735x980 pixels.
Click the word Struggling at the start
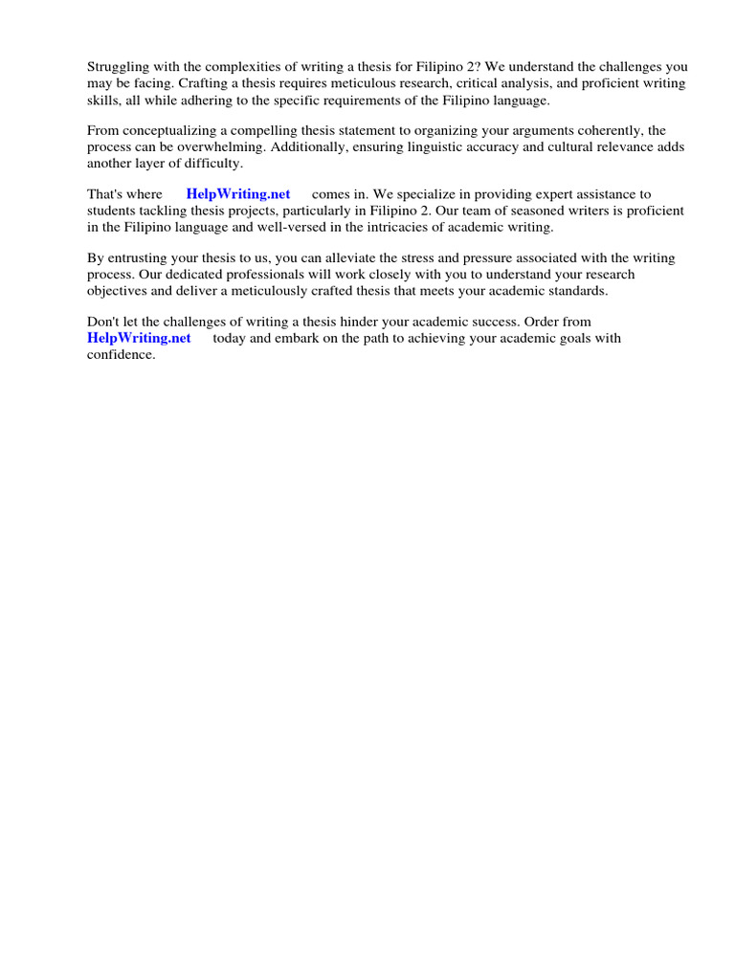coord(119,67)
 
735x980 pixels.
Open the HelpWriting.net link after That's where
coord(238,194)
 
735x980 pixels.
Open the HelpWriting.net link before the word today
coord(139,339)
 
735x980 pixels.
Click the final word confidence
coord(121,355)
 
